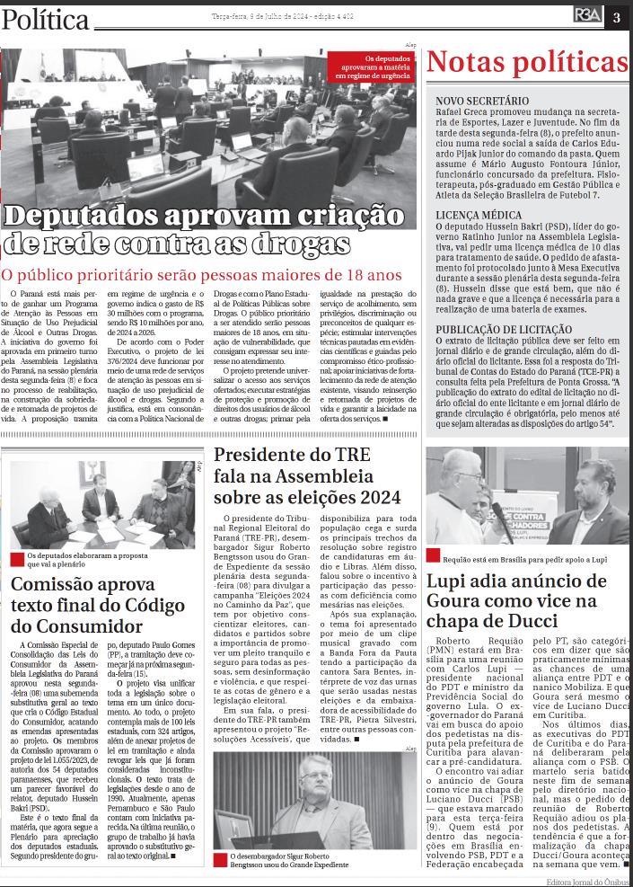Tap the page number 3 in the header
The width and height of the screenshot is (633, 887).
point(617,16)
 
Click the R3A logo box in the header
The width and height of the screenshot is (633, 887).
point(589,16)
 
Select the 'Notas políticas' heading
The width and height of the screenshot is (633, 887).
point(527,63)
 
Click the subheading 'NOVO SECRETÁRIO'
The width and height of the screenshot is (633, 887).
point(481,101)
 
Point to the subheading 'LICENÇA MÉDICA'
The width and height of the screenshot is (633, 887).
point(478,216)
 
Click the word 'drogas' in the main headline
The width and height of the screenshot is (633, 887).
point(299,244)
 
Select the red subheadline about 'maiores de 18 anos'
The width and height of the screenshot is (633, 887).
point(202,275)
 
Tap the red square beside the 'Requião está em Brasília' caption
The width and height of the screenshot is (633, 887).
point(433,557)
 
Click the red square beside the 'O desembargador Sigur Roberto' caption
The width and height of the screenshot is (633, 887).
point(220,858)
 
